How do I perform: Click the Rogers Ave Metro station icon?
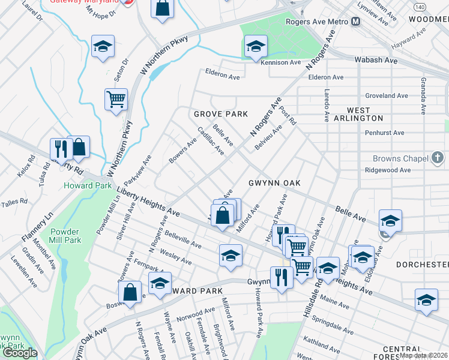pyautogui.click(x=356, y=22)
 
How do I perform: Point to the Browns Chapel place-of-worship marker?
pyautogui.click(x=438, y=158)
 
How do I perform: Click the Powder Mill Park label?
pyautogui.click(x=82, y=236)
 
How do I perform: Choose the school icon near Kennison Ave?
pyautogui.click(x=255, y=46)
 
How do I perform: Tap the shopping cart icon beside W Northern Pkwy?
pyautogui.click(x=116, y=99)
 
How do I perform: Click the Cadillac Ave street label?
pyautogui.click(x=211, y=142)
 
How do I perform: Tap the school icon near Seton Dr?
pyautogui.click(x=103, y=46)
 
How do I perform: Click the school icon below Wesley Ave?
pyautogui.click(x=230, y=255)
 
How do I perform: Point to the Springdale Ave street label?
pyautogui.click(x=337, y=328)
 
